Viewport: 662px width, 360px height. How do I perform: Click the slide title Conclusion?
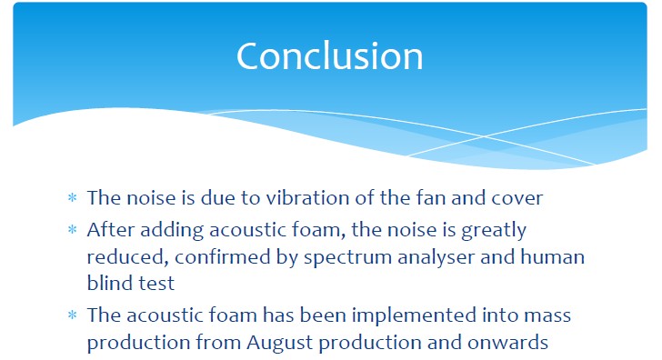click(x=330, y=56)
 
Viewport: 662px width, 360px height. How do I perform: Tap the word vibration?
click(x=307, y=197)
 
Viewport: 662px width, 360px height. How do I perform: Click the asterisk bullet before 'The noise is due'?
click(x=73, y=197)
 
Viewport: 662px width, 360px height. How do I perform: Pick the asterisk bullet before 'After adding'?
click(x=73, y=230)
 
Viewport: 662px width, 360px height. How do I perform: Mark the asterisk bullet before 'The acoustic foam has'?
click(x=73, y=315)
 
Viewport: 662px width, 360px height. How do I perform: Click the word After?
click(x=111, y=230)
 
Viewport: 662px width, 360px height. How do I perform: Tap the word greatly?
click(x=494, y=231)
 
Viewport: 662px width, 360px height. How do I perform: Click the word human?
click(x=553, y=256)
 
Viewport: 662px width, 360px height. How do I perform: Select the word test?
click(x=156, y=284)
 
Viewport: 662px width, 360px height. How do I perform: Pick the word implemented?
click(x=414, y=315)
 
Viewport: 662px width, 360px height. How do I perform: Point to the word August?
click(x=280, y=343)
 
